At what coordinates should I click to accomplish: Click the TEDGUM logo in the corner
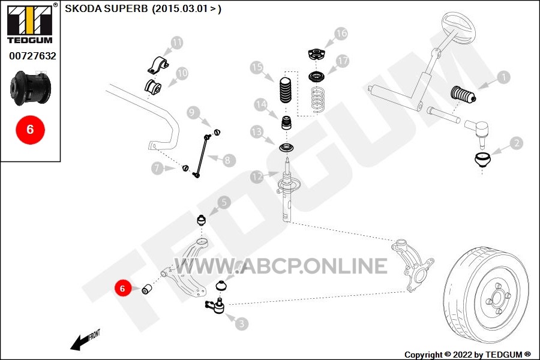(x=30, y=23)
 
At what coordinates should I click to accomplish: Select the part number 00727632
(x=32, y=56)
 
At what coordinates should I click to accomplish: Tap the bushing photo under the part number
(x=31, y=88)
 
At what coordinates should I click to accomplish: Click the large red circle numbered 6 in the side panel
(x=31, y=130)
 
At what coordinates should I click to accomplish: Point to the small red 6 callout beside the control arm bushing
(x=122, y=288)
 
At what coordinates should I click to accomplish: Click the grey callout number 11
(x=176, y=43)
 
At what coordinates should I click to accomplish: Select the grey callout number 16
(x=341, y=34)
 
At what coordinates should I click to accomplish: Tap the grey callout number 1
(x=503, y=77)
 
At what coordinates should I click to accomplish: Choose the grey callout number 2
(x=516, y=143)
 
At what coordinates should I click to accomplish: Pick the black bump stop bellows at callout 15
(x=285, y=91)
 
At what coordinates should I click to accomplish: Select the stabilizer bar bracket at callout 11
(x=158, y=64)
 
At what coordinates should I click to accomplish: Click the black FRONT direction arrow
(x=79, y=342)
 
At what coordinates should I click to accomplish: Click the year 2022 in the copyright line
(x=462, y=355)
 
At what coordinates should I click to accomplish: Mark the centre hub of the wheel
(x=496, y=298)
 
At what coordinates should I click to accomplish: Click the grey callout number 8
(x=227, y=160)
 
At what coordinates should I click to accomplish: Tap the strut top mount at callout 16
(x=317, y=55)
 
